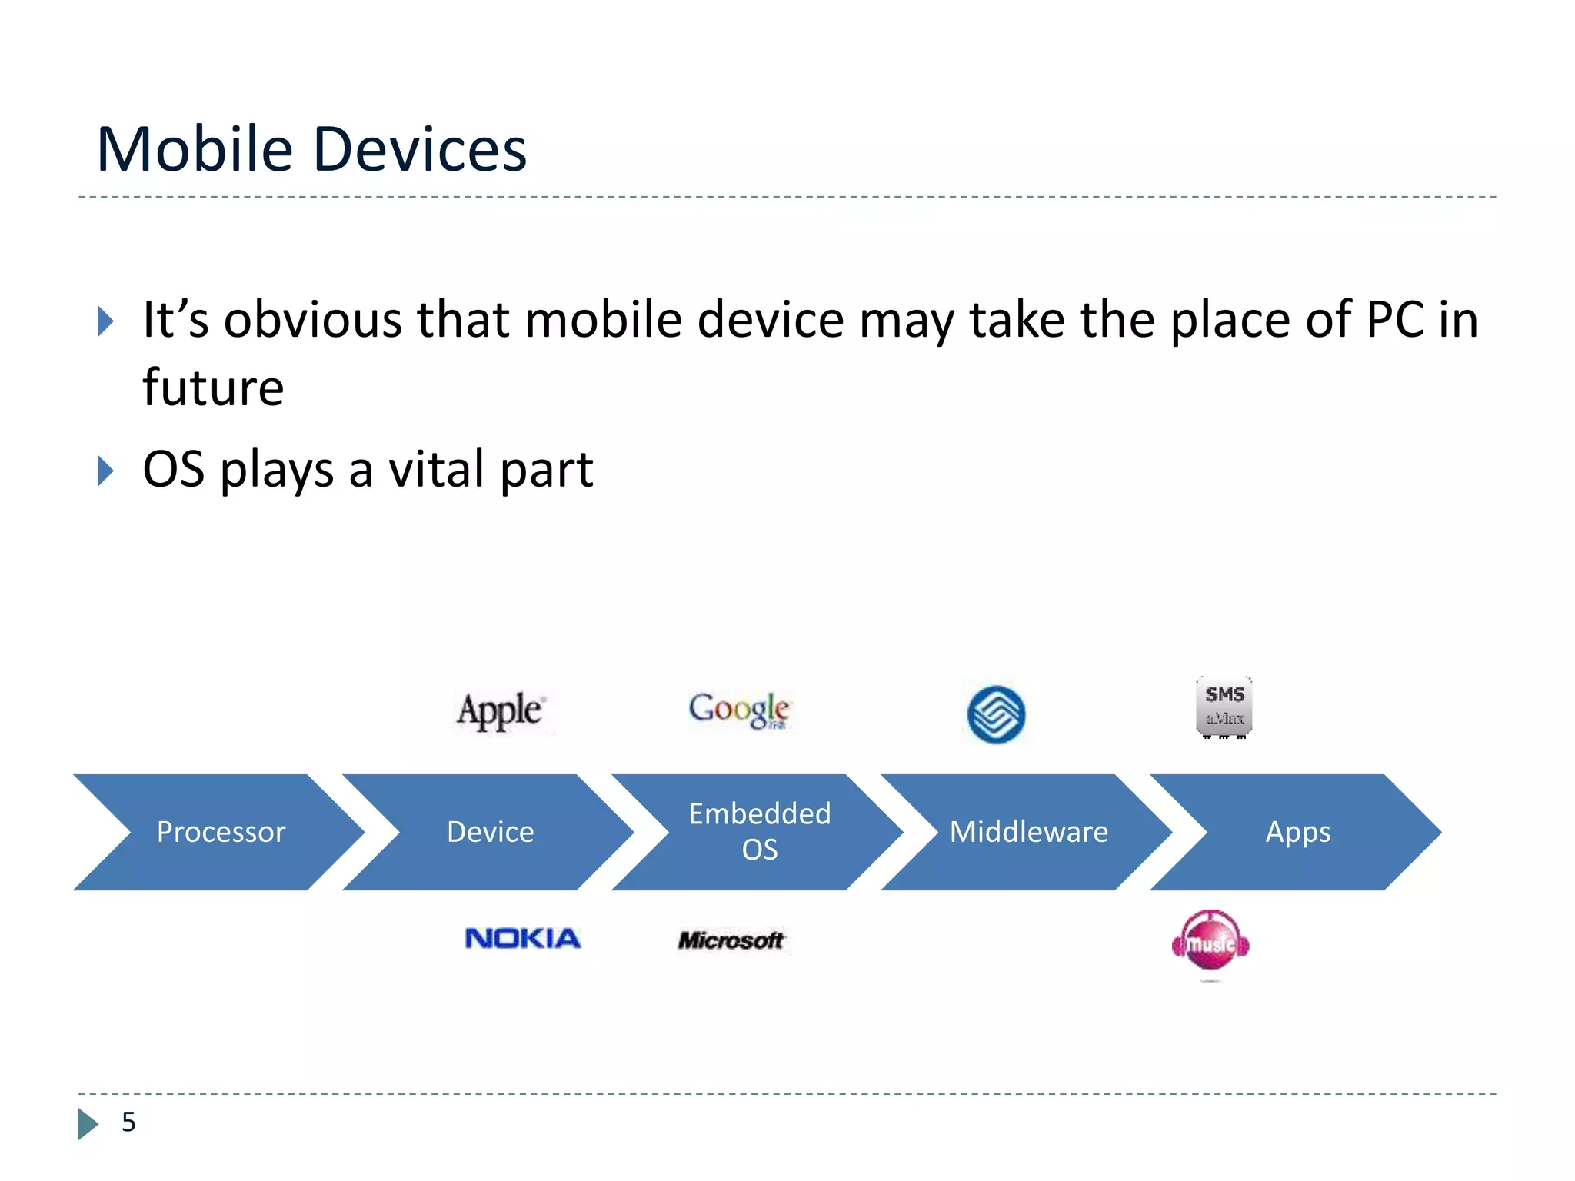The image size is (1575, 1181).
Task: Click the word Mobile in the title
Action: pyautogui.click(x=195, y=149)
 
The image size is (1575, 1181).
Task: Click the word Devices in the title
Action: pyautogui.click(x=420, y=149)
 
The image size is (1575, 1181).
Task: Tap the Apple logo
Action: pyautogui.click(x=501, y=710)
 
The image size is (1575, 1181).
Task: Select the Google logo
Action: pyautogui.click(x=738, y=709)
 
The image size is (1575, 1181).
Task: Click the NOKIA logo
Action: pyautogui.click(x=522, y=938)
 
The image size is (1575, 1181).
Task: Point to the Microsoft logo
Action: pyautogui.click(x=731, y=940)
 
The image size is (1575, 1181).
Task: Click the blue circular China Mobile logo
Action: pyautogui.click(x=996, y=714)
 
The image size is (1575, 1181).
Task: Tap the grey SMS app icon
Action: pyautogui.click(x=1224, y=706)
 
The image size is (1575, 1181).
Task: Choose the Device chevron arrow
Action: pyautogui.click(x=491, y=832)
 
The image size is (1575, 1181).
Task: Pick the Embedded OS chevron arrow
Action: pyautogui.click(x=759, y=832)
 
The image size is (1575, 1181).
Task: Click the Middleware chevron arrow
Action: pyautogui.click(x=1029, y=832)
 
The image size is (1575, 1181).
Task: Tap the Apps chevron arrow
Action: pyautogui.click(x=1298, y=832)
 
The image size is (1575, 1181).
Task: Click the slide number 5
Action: pyautogui.click(x=128, y=1122)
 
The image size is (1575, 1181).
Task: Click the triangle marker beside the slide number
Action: pyautogui.click(x=88, y=1123)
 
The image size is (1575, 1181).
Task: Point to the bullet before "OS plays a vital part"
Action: pyautogui.click(x=106, y=471)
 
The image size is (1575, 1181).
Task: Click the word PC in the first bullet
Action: pyautogui.click(x=1394, y=319)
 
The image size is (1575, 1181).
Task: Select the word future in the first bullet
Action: pyautogui.click(x=213, y=387)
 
